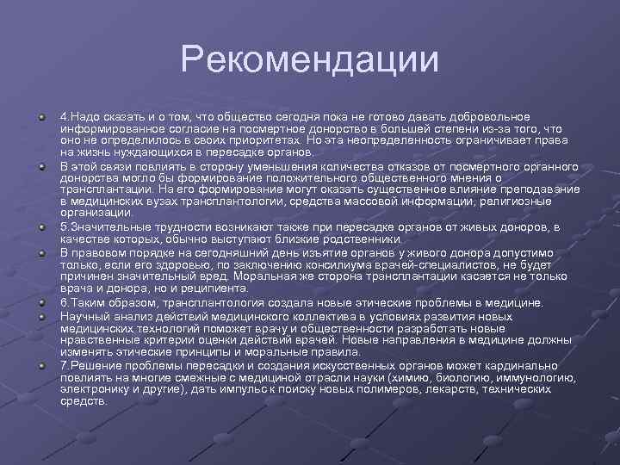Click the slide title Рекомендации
pos(310,60)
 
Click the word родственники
pos(361,239)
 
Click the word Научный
pos(81,316)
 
